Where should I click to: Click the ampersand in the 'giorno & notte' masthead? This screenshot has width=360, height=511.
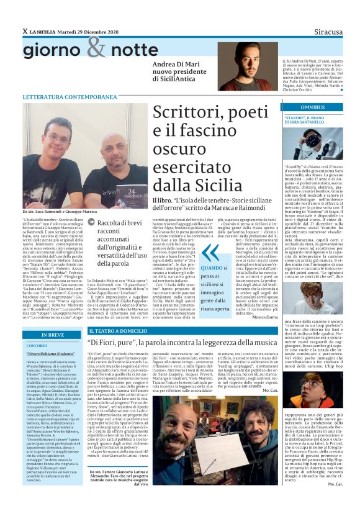click(x=96, y=47)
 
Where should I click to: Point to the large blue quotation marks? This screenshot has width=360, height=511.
click(x=211, y=253)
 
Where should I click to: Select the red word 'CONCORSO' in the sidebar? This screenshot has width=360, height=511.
click(x=37, y=345)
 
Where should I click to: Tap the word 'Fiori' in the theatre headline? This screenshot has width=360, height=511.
click(x=112, y=343)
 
